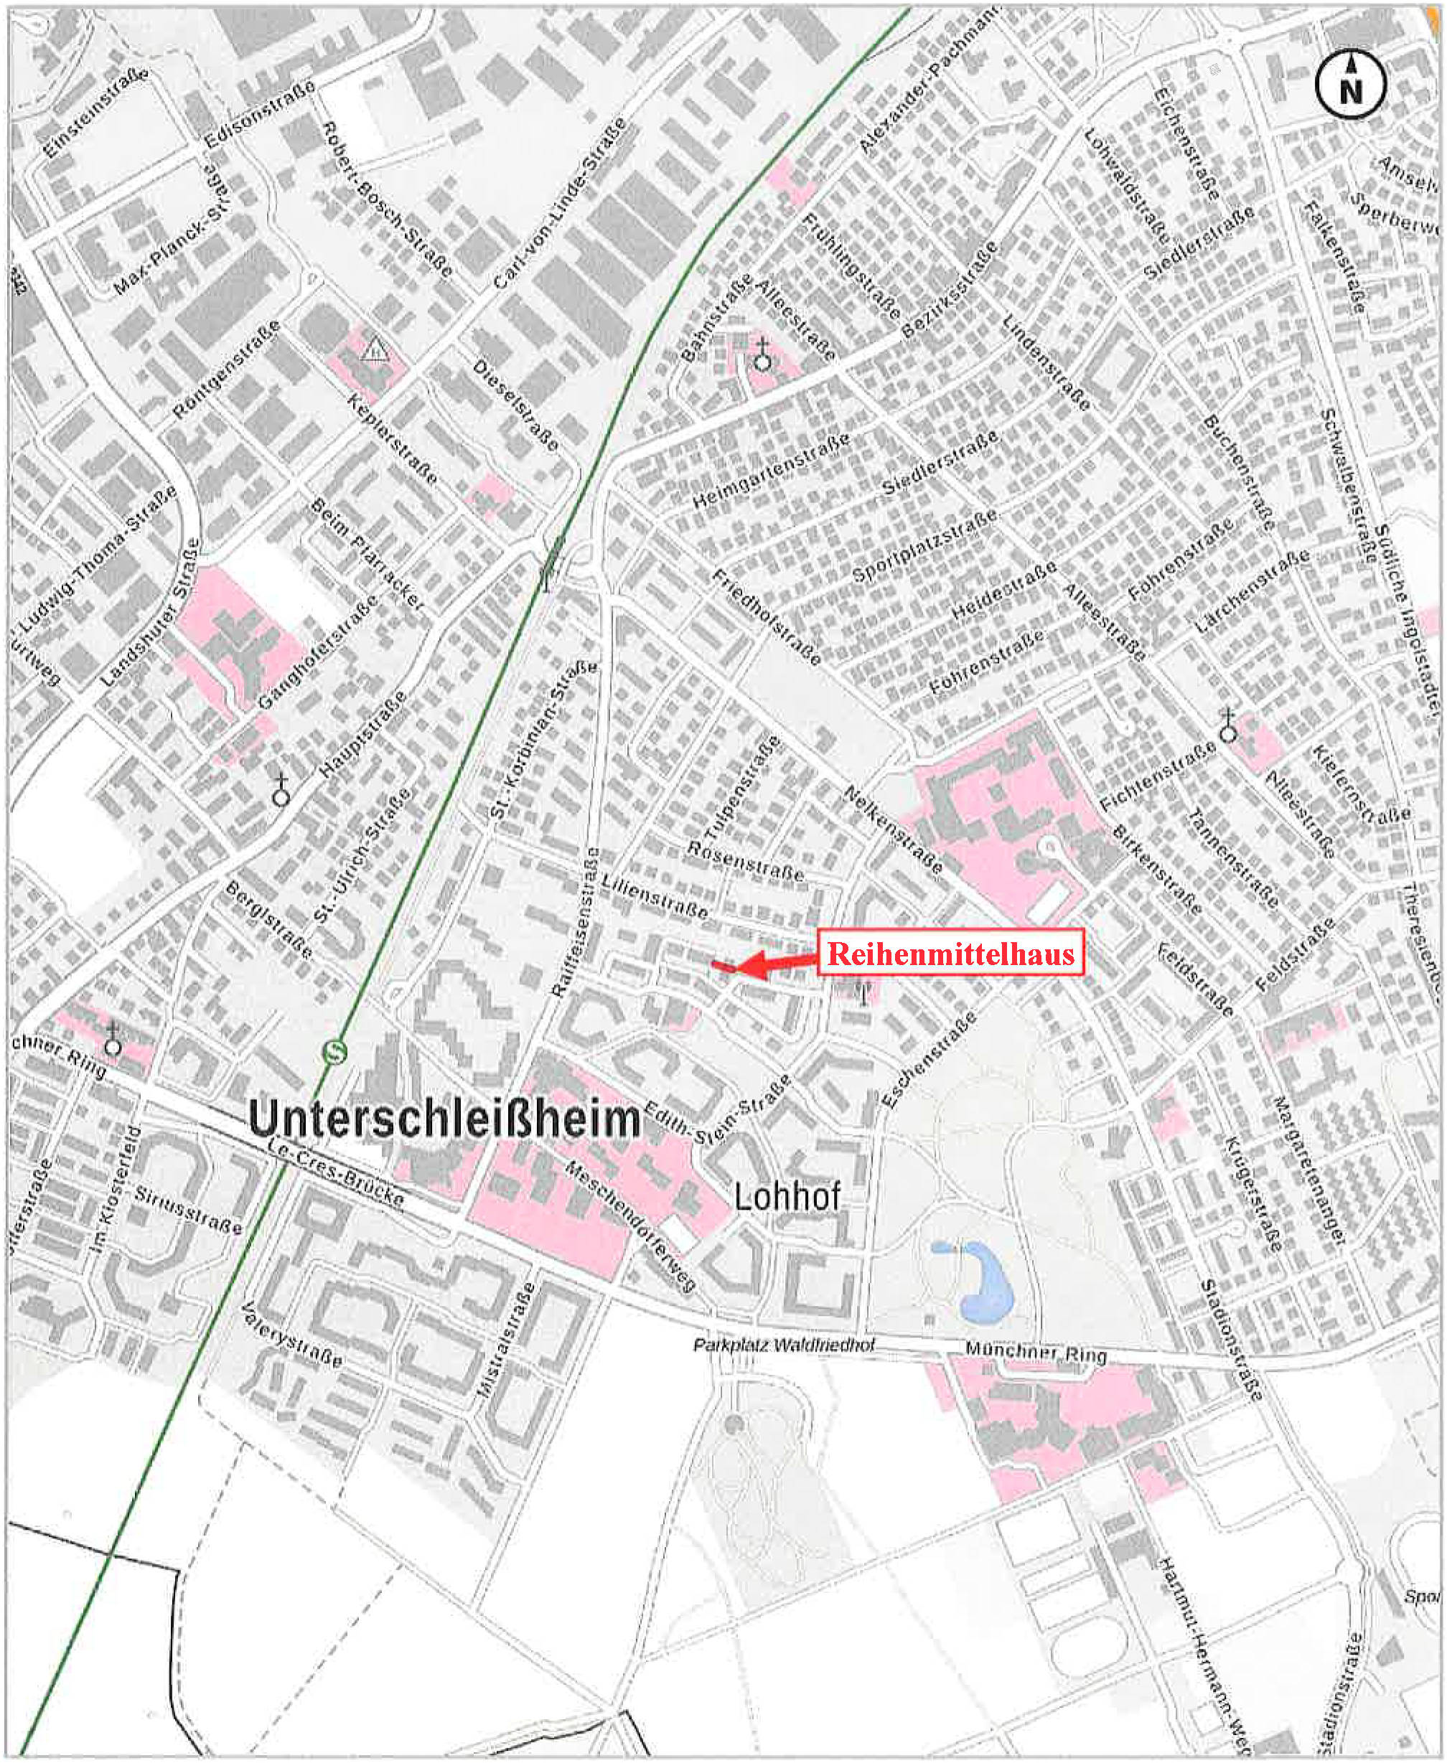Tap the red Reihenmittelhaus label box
pos(950,952)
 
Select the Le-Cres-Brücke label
pos(337,1174)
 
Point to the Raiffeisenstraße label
pos(575,921)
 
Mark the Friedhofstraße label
pos(766,616)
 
